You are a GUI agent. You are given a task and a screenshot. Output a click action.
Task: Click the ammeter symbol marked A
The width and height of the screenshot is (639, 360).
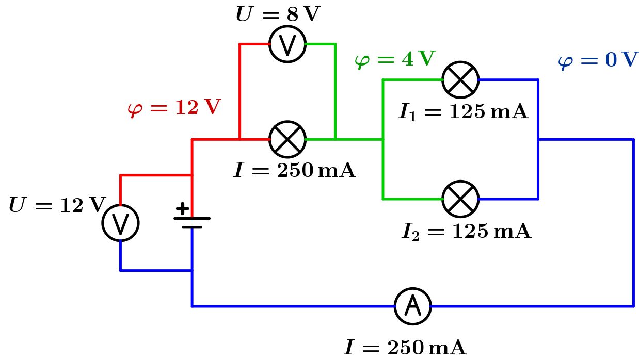pos(412,306)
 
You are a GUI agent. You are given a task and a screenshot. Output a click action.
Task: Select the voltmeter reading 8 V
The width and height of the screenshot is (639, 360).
pos(287,44)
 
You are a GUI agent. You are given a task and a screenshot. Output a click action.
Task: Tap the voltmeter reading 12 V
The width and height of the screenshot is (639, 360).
pos(120,223)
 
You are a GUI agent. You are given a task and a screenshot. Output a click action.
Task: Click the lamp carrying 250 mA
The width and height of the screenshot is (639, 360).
pos(287,139)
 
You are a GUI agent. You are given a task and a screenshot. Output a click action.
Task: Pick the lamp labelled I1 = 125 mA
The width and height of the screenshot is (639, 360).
pos(460,80)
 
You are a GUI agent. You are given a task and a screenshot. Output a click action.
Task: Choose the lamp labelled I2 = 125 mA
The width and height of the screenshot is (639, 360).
pos(460,199)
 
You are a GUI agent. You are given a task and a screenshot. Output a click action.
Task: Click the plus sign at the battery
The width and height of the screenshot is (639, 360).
pos(182,209)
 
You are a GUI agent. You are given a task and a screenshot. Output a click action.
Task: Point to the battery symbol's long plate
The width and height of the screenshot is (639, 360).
pos(192,218)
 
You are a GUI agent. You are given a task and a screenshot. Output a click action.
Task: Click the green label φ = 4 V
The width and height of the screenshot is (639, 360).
pos(395,59)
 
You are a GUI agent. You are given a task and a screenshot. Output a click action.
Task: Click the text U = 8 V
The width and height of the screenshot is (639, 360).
pos(278,14)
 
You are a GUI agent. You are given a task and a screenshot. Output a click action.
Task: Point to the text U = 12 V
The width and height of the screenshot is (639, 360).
pos(57,205)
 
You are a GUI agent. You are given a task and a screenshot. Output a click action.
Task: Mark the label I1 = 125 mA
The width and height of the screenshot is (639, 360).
pos(463,112)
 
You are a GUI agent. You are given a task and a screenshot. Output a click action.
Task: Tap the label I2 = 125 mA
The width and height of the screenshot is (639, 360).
pos(466,232)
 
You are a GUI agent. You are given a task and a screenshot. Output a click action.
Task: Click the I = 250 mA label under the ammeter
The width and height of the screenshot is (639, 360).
pos(405,348)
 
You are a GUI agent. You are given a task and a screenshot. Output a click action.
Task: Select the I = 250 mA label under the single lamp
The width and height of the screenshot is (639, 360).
pos(295,170)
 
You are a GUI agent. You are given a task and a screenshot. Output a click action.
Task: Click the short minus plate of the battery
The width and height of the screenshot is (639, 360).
pos(192,227)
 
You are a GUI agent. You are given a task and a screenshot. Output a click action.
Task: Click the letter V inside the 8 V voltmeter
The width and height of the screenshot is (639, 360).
pos(287,44)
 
